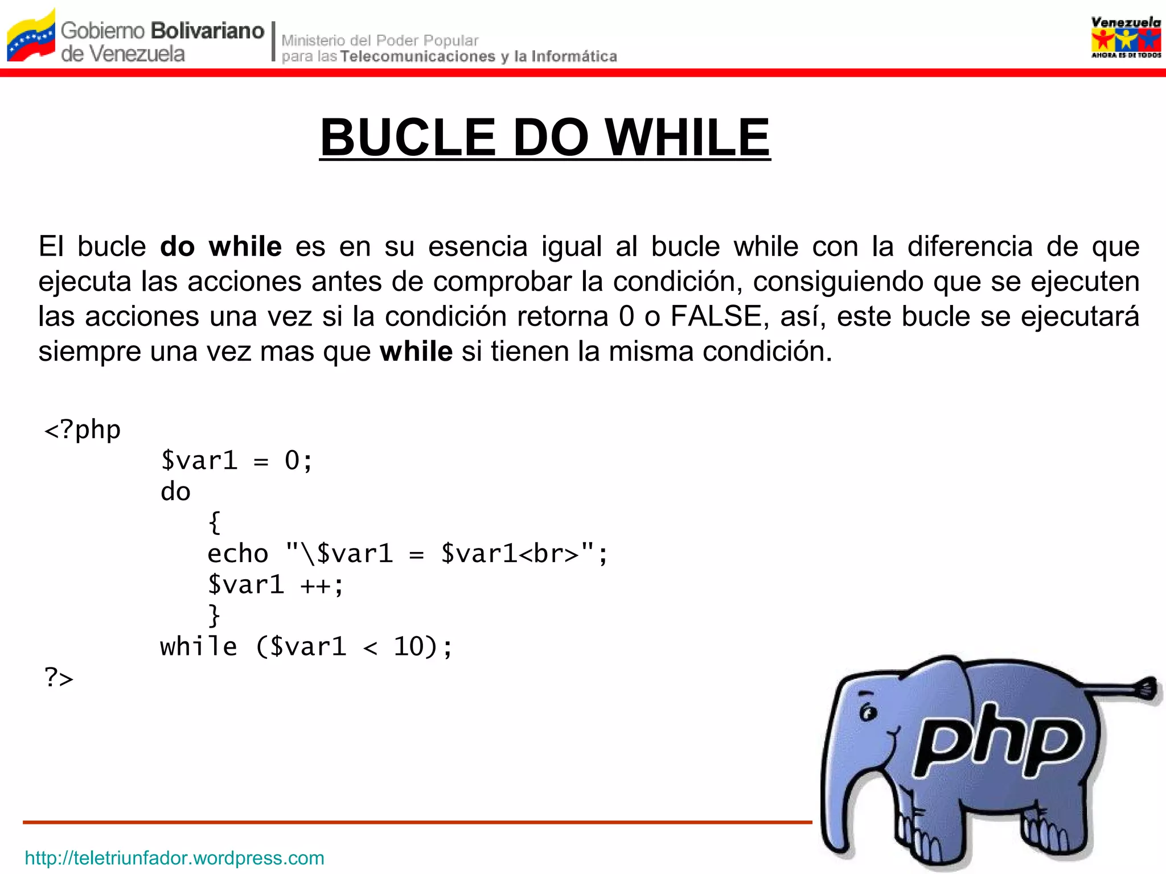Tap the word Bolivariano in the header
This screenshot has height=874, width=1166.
click(x=208, y=31)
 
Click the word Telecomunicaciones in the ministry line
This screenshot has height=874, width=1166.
click(x=418, y=56)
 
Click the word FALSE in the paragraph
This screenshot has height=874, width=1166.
click(x=716, y=316)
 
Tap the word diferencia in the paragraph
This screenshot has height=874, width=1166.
click(x=970, y=247)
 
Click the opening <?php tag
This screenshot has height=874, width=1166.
click(x=83, y=430)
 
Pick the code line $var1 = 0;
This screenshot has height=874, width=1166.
click(x=236, y=460)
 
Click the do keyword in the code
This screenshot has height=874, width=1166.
click(x=175, y=492)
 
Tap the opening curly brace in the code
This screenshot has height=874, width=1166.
click(x=214, y=522)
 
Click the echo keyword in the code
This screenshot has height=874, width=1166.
click(x=237, y=554)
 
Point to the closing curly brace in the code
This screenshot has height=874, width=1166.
click(x=214, y=615)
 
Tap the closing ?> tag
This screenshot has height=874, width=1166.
click(x=59, y=678)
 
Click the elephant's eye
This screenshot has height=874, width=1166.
click(x=868, y=712)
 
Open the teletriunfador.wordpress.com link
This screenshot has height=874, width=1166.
click(x=175, y=857)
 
